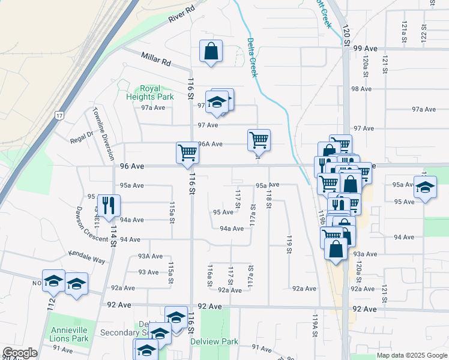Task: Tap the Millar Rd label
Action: [156, 59]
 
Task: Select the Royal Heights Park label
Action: [149, 92]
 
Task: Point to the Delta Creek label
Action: [252, 58]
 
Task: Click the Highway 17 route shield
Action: [59, 115]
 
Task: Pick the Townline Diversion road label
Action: [103, 134]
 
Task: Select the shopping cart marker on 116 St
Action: [187, 152]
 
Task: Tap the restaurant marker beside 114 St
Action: [109, 205]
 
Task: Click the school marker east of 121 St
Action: [425, 187]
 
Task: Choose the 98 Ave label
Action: [362, 89]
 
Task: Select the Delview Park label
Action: [214, 341]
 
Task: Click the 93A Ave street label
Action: [150, 256]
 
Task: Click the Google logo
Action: [20, 353]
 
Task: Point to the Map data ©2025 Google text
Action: [411, 355]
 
